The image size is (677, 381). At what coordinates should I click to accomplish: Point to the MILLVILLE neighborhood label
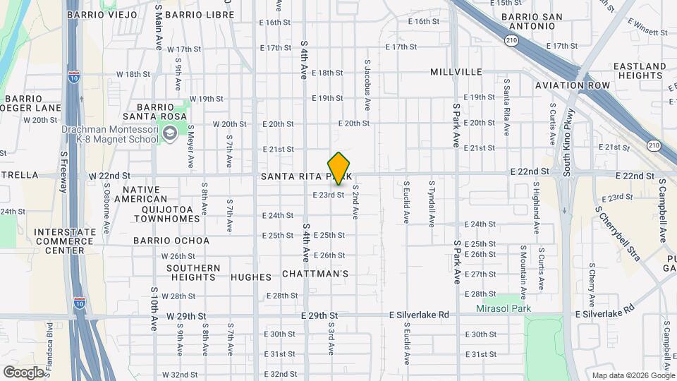[456, 72]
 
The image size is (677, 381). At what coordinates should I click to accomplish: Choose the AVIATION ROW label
[572, 85]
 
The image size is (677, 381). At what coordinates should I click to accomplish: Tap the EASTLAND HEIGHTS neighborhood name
[640, 71]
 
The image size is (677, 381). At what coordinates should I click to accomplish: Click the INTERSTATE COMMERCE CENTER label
[64, 241]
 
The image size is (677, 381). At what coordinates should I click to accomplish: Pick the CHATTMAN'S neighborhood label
[315, 273]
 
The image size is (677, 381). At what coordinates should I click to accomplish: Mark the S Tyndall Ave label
[432, 202]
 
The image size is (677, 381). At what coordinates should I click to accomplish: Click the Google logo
[23, 373]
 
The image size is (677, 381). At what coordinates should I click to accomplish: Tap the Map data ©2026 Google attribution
[633, 375]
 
